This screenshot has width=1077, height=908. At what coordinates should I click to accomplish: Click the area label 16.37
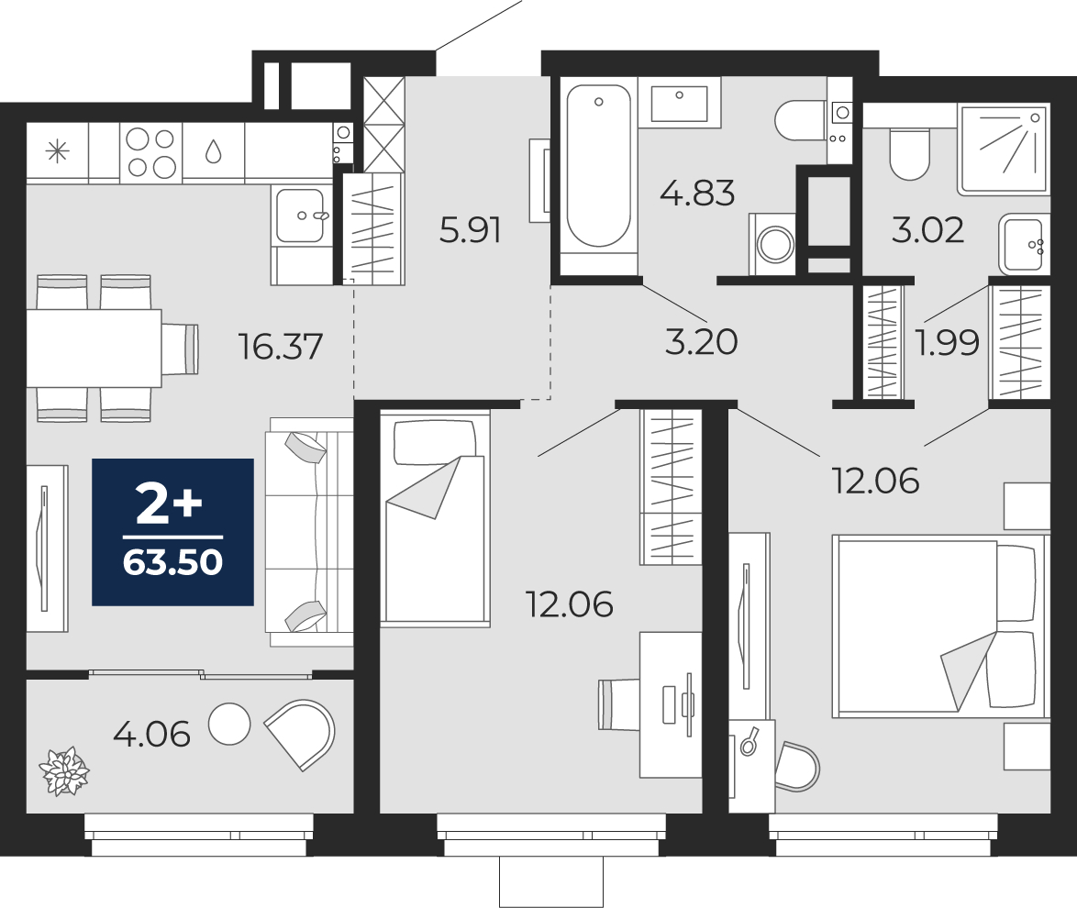(280, 347)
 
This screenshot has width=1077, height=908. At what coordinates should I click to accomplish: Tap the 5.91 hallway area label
(470, 230)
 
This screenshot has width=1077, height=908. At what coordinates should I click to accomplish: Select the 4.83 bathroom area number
(697, 194)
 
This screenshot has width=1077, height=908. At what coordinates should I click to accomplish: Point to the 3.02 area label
(927, 229)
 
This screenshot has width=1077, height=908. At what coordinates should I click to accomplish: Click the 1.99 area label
(946, 342)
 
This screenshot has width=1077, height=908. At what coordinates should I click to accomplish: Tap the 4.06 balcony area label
(151, 734)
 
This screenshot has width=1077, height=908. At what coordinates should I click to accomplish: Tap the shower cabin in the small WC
(1003, 149)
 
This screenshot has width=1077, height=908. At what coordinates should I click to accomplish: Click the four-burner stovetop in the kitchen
(150, 152)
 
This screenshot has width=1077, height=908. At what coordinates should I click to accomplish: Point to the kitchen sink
(301, 216)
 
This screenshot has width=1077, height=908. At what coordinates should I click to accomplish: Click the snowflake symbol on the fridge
(58, 152)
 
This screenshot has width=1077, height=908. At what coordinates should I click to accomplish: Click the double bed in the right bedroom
(938, 626)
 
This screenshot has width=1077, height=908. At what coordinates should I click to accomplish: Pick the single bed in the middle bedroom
(434, 518)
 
